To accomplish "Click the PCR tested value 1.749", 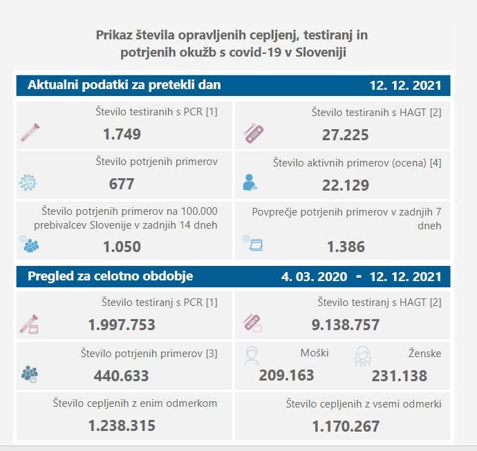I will [x=122, y=134].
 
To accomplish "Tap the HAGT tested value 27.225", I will [x=345, y=134].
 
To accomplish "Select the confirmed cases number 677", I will [x=122, y=184].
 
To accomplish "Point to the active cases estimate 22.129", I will [x=345, y=184].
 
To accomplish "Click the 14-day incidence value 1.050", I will [x=122, y=247].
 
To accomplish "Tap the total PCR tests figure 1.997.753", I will [x=122, y=325].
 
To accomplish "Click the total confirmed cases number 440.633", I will [x=122, y=376].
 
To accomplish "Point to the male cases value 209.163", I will [x=286, y=376].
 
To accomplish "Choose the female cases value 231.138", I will [x=399, y=376].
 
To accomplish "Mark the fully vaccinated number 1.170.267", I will [x=345, y=426].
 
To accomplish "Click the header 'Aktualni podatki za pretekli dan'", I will [x=124, y=85].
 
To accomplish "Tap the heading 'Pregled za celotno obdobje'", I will [x=110, y=276].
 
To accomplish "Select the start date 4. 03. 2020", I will [x=315, y=277].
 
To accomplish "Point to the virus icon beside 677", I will [x=28, y=183].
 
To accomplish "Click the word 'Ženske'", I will [x=424, y=354].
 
